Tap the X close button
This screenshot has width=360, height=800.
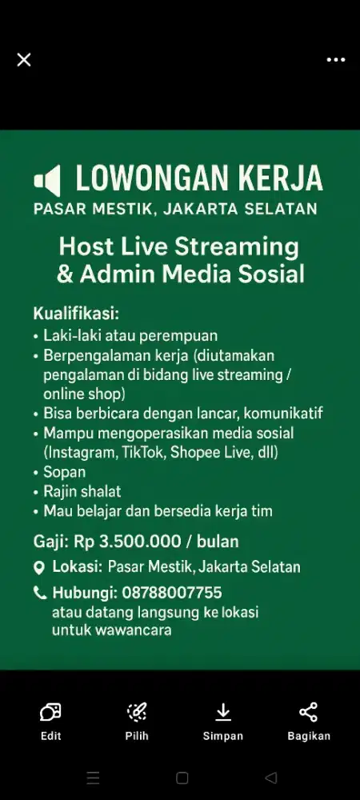[24, 60]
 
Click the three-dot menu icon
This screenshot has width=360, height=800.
[335, 60]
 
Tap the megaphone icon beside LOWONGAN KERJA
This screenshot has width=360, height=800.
[47, 181]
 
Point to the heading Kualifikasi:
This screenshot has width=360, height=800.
[76, 313]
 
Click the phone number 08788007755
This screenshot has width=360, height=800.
[172, 593]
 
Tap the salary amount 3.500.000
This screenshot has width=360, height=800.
[140, 542]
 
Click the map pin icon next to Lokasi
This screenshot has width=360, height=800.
[38, 567]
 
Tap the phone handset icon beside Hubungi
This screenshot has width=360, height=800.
[39, 592]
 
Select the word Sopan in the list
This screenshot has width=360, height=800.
[64, 473]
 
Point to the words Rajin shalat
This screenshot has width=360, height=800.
[82, 492]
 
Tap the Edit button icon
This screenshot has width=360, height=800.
[50, 712]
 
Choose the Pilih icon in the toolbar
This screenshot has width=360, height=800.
[137, 712]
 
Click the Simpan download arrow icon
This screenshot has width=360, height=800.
[223, 712]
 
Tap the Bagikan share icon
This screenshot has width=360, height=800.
[309, 712]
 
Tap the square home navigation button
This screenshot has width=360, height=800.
[182, 778]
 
